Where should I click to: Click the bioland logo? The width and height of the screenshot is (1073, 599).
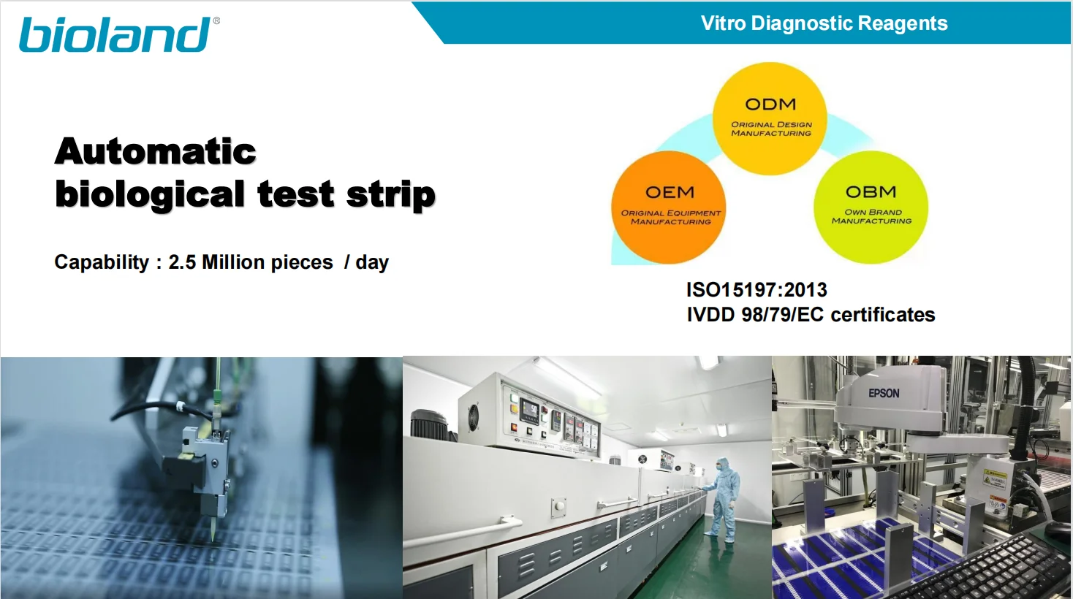pos(115,34)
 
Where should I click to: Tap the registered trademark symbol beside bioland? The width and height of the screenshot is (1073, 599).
pos(216,20)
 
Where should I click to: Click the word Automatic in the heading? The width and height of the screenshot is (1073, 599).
pos(156,151)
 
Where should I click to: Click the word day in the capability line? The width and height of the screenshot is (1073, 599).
pos(372,263)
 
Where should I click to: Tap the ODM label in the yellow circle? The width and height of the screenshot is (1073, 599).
pos(770,104)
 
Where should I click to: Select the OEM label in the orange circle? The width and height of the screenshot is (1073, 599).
pos(670,192)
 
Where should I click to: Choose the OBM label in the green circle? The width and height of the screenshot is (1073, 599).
pos(871,191)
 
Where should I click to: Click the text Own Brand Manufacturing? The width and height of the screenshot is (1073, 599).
pos(871,216)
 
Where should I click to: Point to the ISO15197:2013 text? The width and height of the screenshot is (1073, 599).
pos(757,290)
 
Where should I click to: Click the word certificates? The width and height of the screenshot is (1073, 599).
pos(883,315)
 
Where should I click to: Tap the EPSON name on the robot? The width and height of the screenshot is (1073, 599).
pos(884,393)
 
